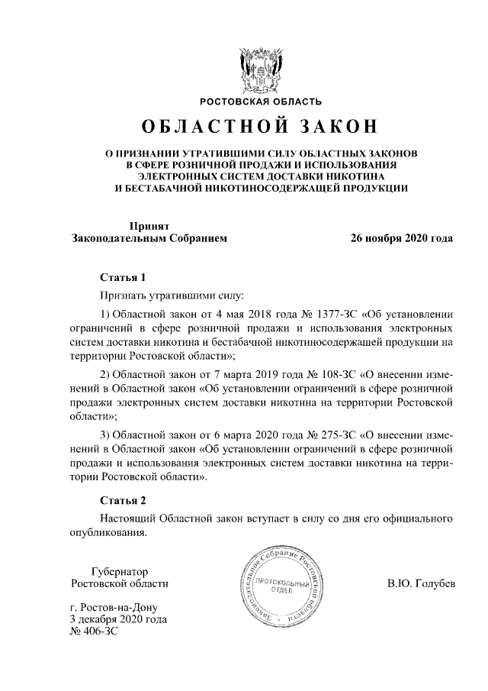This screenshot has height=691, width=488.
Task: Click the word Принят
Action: [x=149, y=226]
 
